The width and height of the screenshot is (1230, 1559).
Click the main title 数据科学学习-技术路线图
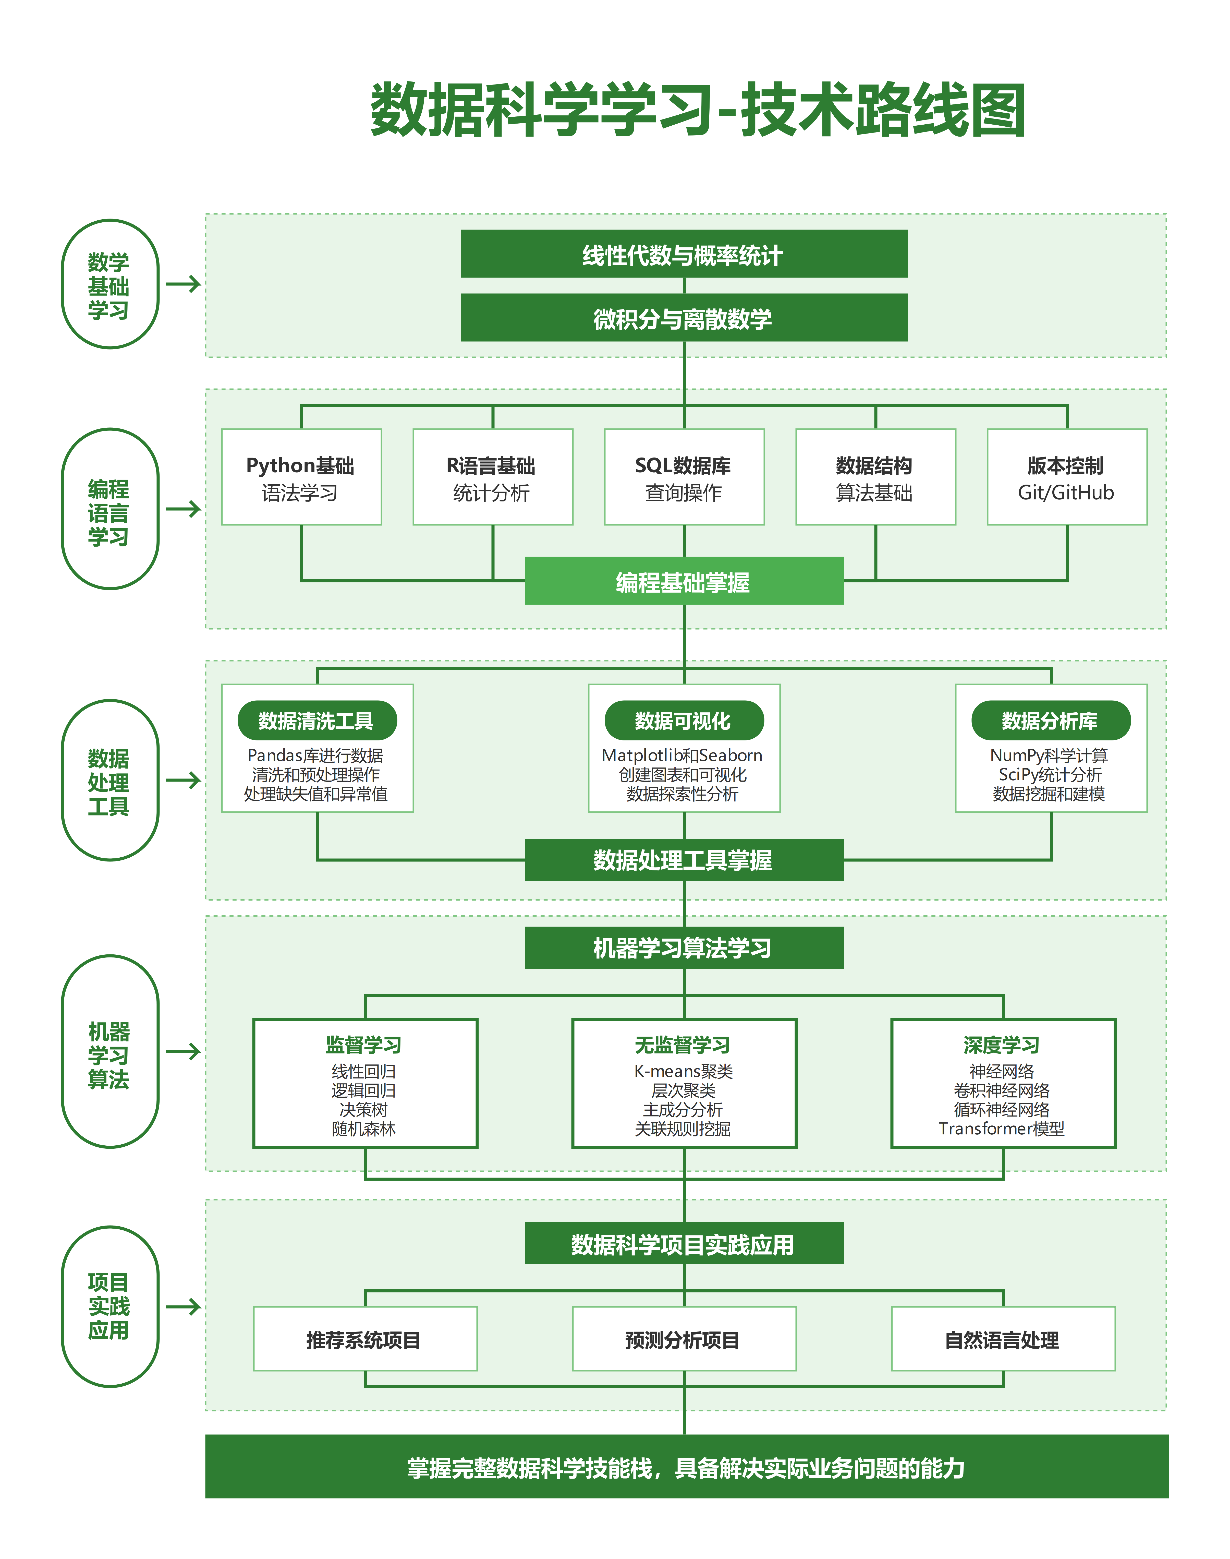tap(697, 110)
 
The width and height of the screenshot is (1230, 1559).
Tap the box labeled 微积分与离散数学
tap(684, 318)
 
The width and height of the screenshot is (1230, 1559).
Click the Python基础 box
tap(301, 477)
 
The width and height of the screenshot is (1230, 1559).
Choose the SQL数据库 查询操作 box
tap(684, 477)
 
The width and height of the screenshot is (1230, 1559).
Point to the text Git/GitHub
tap(1066, 493)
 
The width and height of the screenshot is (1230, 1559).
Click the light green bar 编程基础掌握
tap(684, 581)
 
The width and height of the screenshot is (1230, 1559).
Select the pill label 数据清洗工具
tap(317, 721)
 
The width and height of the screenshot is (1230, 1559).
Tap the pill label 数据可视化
tap(684, 721)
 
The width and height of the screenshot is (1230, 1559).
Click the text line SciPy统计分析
tap(1050, 774)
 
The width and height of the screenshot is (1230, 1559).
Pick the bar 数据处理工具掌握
tap(684, 859)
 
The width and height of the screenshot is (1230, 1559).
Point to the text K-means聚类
tap(684, 1071)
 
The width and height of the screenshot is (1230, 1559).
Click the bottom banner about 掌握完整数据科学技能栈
tap(686, 1467)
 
